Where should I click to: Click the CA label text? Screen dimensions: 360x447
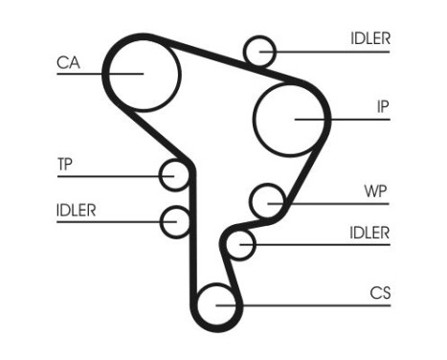[x=67, y=62]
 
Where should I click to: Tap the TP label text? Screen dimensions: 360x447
[x=64, y=164]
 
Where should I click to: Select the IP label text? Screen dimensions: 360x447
[x=382, y=106]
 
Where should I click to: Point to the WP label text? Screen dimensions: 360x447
[x=376, y=190]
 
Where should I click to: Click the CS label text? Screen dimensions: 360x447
[x=380, y=292]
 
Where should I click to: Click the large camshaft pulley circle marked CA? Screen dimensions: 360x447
[x=142, y=73]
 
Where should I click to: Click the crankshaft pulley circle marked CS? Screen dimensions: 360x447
[x=217, y=305]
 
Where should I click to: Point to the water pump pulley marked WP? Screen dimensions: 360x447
[x=268, y=202]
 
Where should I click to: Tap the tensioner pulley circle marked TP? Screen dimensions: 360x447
[x=175, y=175]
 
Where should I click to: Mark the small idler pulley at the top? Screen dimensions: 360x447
[x=259, y=50]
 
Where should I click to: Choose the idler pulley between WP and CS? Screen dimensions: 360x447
[x=241, y=244]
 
